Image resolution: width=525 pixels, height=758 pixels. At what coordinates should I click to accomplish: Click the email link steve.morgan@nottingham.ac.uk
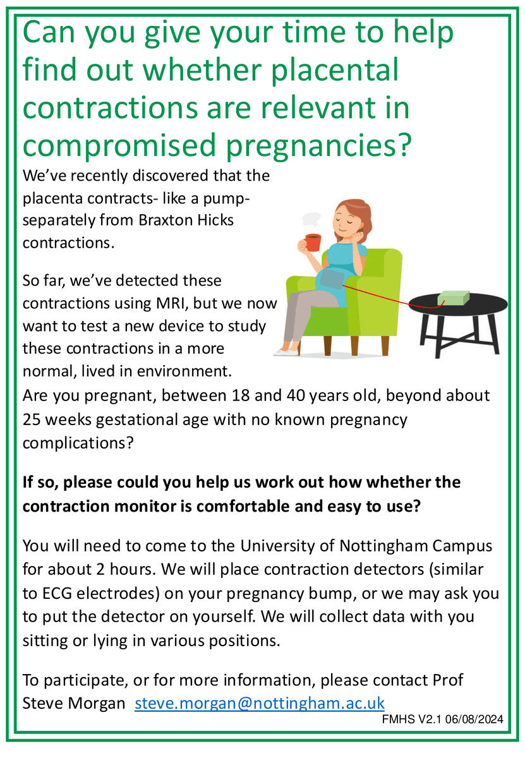(260, 702)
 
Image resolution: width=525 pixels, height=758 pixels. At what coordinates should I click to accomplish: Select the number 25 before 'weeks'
(33, 419)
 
